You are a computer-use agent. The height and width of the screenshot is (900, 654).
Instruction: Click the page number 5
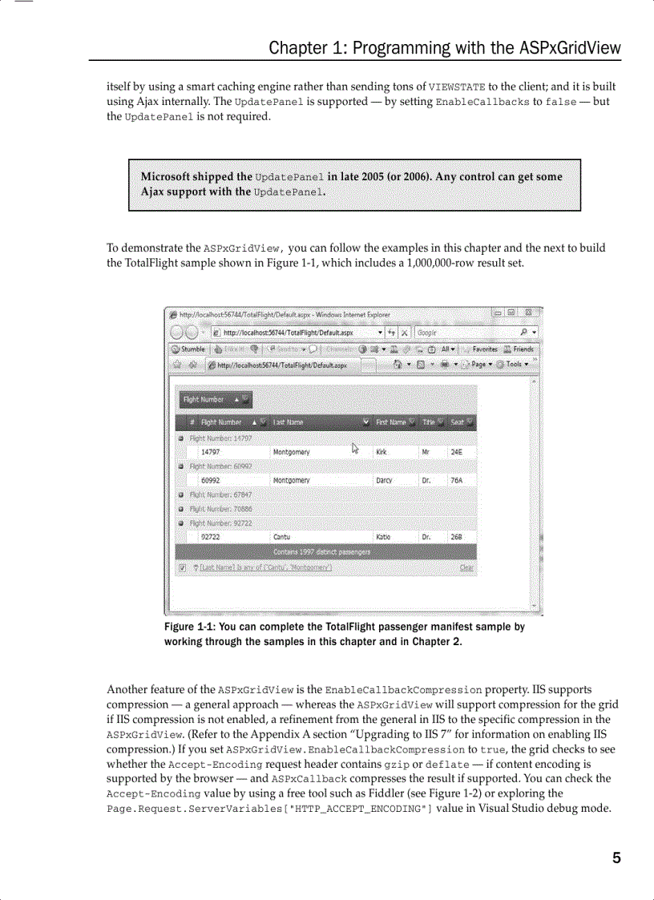click(x=616, y=858)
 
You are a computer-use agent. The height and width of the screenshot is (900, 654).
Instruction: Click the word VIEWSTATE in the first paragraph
click(x=457, y=87)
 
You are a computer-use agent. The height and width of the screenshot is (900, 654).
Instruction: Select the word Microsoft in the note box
click(x=169, y=177)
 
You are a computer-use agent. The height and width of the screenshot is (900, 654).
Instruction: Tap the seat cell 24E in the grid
click(x=456, y=452)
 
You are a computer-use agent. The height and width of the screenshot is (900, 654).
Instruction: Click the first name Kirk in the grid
click(x=381, y=452)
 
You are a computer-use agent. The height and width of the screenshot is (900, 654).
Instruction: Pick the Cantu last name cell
click(x=282, y=537)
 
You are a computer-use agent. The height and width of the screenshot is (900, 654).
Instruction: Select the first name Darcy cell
click(x=385, y=480)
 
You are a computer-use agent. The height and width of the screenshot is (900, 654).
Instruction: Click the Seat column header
click(x=458, y=422)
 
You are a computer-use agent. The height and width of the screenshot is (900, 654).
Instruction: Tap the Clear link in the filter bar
click(x=466, y=568)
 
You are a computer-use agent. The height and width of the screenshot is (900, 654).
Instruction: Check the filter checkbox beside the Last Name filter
click(x=182, y=568)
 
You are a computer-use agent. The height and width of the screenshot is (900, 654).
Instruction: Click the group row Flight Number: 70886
click(x=220, y=509)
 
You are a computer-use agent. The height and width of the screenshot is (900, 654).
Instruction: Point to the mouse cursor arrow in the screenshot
click(x=355, y=448)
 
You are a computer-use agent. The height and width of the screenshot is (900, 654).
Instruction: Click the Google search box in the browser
click(x=465, y=332)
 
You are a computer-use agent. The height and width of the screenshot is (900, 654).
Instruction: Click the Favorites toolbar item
click(x=484, y=349)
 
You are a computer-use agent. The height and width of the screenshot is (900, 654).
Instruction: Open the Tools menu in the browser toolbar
click(x=512, y=365)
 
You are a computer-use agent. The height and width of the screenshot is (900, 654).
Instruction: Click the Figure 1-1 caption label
click(x=189, y=627)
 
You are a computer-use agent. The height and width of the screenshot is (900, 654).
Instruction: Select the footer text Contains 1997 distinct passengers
click(x=321, y=552)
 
